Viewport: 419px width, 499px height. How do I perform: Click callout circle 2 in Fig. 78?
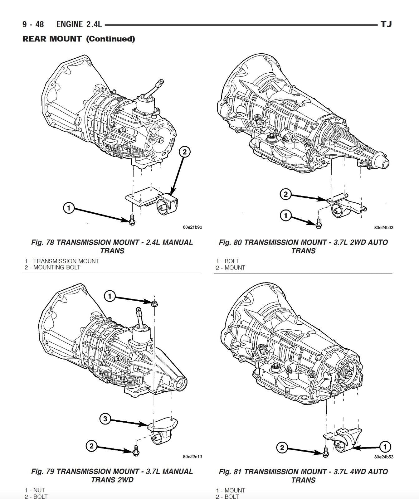tap(184, 152)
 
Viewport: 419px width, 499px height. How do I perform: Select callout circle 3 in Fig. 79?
tap(105, 419)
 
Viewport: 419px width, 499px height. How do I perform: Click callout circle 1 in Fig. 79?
tap(110, 296)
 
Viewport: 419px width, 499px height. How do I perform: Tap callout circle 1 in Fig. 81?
tap(385, 447)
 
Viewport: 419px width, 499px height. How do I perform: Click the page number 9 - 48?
tap(33, 24)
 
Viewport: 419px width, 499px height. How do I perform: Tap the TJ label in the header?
tap(386, 24)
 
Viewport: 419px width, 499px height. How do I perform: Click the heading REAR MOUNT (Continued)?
tap(79, 39)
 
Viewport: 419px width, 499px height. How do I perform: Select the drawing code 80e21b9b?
tap(192, 227)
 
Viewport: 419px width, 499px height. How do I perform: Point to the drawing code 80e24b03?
tap(384, 228)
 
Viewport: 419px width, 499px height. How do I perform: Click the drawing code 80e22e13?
tap(192, 457)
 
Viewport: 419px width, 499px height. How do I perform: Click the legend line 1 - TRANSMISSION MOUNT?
tap(62, 261)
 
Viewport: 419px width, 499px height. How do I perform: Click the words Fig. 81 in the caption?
tap(231, 472)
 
